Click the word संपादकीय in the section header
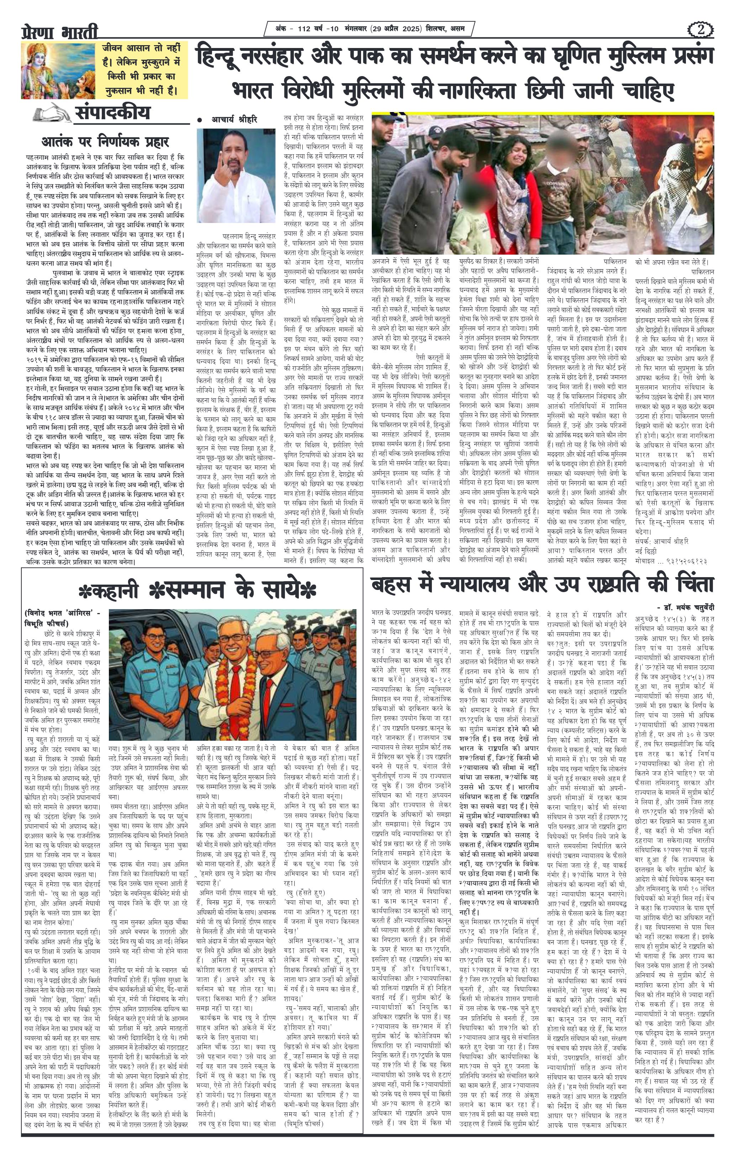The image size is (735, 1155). pos(112,113)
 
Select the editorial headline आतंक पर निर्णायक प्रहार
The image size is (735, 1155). pos(105,143)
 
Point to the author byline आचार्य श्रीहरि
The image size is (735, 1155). pos(234,120)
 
